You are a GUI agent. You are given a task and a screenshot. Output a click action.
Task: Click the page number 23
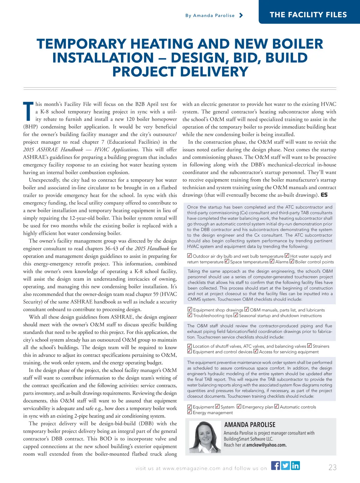click(x=332, y=467)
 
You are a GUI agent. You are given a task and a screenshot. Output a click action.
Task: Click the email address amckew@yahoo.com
click(x=266, y=445)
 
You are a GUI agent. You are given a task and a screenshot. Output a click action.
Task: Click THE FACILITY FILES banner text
click(x=308, y=15)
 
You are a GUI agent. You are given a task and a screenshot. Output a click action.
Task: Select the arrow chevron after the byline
click(x=241, y=15)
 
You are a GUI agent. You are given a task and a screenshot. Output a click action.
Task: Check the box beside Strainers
click(x=310, y=346)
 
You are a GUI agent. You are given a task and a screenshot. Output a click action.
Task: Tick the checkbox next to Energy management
click(x=190, y=412)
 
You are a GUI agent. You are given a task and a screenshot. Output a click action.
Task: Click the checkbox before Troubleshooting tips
click(x=190, y=315)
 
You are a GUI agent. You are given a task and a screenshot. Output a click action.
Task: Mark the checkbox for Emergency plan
click(x=239, y=406)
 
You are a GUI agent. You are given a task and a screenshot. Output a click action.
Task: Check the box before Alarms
click(x=272, y=261)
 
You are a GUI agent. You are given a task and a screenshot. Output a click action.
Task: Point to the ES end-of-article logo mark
click(x=324, y=195)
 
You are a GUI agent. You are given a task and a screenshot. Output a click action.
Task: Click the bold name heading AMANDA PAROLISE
click(x=250, y=424)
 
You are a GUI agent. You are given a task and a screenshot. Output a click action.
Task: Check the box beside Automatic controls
click(x=277, y=406)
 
